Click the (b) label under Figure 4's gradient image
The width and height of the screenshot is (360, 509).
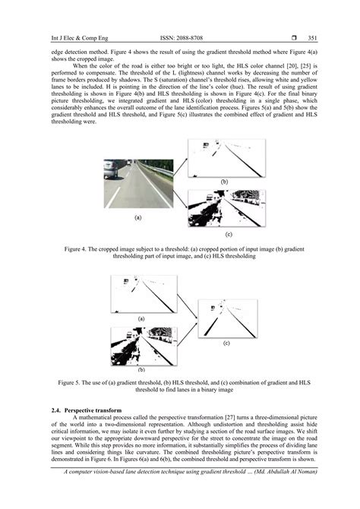[224, 183]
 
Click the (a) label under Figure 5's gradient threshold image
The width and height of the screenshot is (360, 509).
[141, 318]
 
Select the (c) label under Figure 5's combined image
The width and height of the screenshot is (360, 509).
[226, 343]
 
